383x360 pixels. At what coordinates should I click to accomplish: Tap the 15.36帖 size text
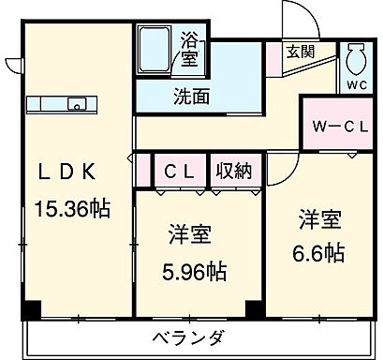click(72, 208)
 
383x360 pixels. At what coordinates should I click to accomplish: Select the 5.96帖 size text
click(192, 273)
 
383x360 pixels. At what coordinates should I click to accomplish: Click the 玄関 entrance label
click(301, 52)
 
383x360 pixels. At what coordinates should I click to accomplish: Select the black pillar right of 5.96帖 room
click(254, 307)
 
